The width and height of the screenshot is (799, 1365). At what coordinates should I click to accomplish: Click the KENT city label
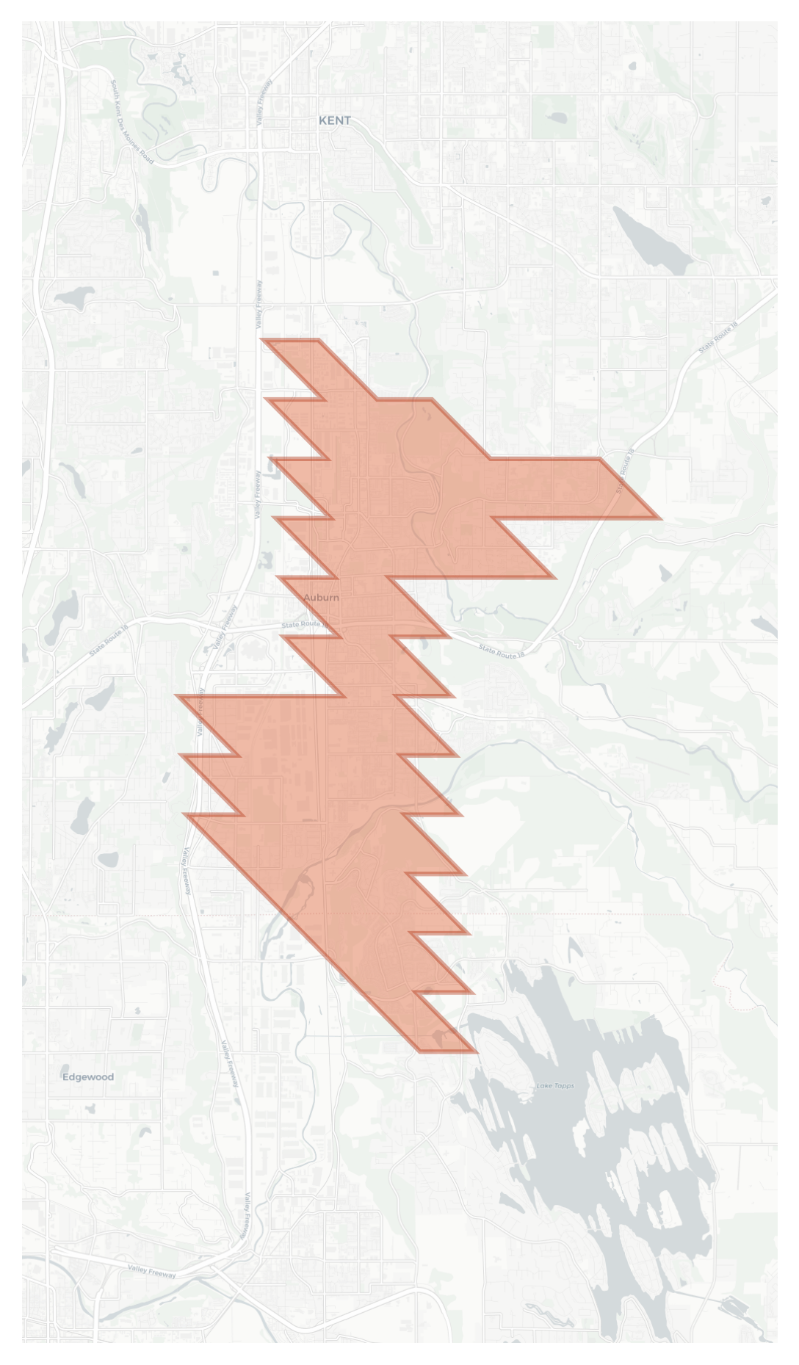[x=334, y=120]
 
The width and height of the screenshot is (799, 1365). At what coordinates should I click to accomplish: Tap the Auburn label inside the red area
[x=321, y=598]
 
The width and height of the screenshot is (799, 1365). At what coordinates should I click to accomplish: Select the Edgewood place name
[x=88, y=1077]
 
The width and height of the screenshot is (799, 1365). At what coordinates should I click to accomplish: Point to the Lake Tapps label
[x=555, y=1085]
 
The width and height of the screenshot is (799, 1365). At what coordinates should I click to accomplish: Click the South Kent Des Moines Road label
[x=132, y=122]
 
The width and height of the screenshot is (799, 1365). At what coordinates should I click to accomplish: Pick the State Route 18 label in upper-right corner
[x=718, y=337]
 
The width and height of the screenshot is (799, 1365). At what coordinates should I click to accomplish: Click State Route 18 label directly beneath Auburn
[x=305, y=625]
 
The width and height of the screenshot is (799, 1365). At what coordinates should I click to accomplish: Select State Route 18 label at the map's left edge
[x=109, y=640]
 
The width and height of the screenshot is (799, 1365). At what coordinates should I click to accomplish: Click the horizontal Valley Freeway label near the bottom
[x=152, y=1271]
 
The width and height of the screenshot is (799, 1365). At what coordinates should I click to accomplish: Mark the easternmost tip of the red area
[x=660, y=518]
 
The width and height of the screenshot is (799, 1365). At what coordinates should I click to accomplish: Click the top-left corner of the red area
[x=264, y=340]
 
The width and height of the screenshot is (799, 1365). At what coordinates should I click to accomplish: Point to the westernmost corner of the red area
[x=178, y=695]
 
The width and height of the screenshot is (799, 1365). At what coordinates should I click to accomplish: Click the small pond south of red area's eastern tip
[x=665, y=572]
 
